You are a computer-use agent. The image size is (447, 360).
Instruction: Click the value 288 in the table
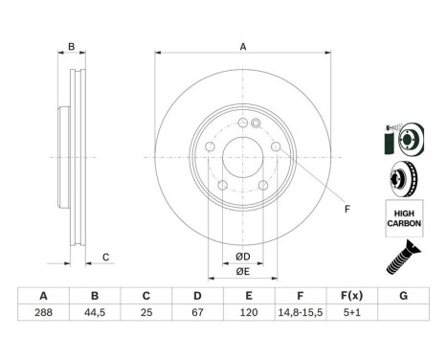(43, 312)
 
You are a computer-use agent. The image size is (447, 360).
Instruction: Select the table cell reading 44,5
(95, 312)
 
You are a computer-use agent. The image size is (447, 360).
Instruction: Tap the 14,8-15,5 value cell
(301, 312)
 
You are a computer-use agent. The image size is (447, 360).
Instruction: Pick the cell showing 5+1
(352, 312)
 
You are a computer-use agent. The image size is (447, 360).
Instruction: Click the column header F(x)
(352, 296)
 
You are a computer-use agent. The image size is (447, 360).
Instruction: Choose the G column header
(403, 296)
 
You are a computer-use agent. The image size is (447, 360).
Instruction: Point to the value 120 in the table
(249, 312)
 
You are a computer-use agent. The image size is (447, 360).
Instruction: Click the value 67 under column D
(197, 312)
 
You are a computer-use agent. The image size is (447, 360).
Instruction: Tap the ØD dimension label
(243, 257)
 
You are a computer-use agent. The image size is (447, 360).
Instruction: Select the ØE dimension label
(243, 272)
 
